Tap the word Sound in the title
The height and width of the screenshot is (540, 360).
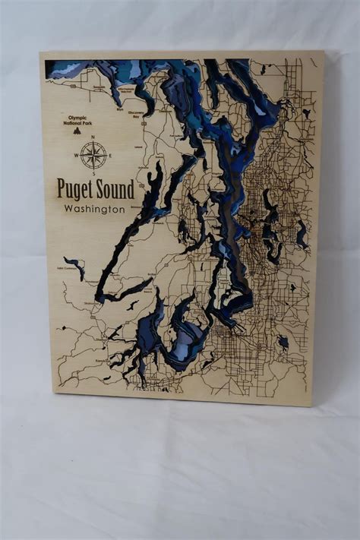pyautogui.click(x=112, y=188)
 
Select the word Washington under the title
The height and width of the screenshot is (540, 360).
pyautogui.click(x=94, y=208)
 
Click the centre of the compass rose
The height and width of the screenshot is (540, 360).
pyautogui.click(x=93, y=156)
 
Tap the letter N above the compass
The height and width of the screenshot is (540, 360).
pyautogui.click(x=93, y=138)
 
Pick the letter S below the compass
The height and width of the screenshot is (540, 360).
pyautogui.click(x=93, y=174)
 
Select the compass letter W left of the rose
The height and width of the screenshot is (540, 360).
pyautogui.click(x=77, y=156)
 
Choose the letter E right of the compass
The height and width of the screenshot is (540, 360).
pyautogui.click(x=110, y=156)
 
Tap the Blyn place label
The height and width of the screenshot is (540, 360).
pyautogui.click(x=120, y=109)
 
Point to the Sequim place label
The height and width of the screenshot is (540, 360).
pyautogui.click(x=98, y=88)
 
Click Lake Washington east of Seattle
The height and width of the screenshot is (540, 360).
pyautogui.click(x=269, y=220)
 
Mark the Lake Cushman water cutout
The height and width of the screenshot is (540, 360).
pyautogui.click(x=75, y=267)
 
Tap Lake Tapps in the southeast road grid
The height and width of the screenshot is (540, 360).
pyautogui.click(x=283, y=342)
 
